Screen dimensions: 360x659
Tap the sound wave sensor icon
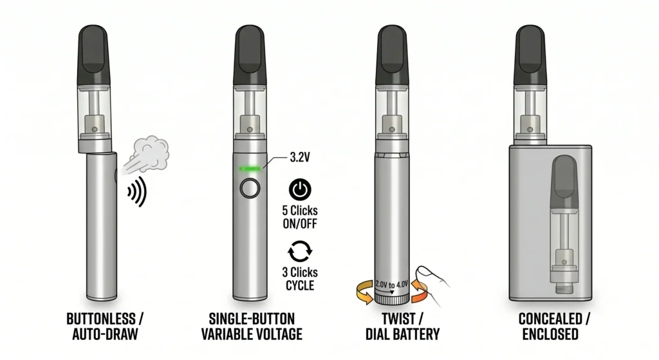[136, 192]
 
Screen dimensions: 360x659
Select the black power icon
[299, 189]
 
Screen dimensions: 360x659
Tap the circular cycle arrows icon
[299, 251]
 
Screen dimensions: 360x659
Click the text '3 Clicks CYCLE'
[299, 278]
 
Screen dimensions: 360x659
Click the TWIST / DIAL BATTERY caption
[393, 326]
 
